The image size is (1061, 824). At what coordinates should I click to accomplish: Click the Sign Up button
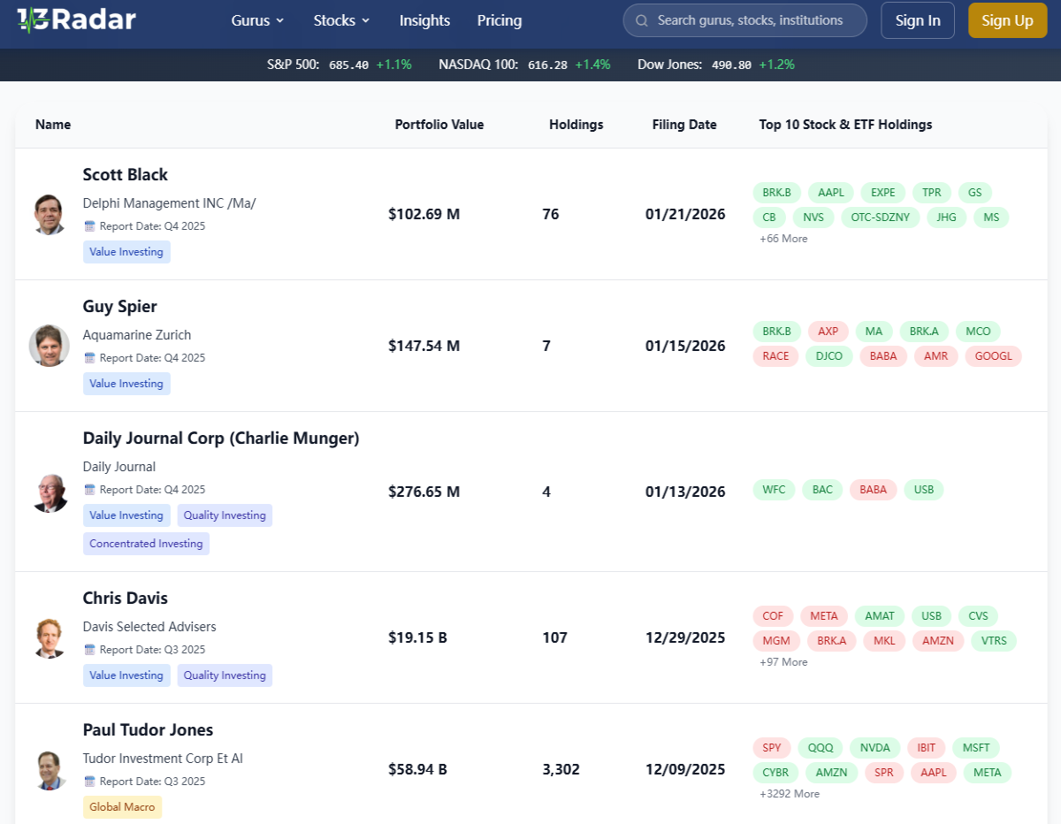(x=1007, y=20)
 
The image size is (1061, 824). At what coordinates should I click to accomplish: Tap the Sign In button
(x=918, y=20)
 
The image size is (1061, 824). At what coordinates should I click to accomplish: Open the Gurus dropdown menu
(x=257, y=20)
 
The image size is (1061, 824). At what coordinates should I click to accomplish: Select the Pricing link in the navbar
(x=499, y=20)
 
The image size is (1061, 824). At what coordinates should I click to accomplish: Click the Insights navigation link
(x=424, y=20)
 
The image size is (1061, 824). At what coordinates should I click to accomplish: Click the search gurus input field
(x=744, y=20)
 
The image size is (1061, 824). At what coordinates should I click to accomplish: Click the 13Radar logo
(x=76, y=20)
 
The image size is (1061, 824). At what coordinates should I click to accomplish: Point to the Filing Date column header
(x=684, y=125)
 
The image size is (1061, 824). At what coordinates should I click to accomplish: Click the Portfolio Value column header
(x=439, y=125)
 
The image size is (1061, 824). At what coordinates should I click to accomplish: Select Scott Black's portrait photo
(x=49, y=214)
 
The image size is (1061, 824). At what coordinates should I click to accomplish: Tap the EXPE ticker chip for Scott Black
(x=882, y=193)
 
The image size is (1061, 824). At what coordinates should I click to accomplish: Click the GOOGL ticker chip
(x=993, y=356)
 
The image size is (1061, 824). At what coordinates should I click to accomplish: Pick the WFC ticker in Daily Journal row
(x=774, y=490)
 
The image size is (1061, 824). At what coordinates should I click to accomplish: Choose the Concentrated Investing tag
(x=146, y=544)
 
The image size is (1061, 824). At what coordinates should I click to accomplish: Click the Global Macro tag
(x=122, y=807)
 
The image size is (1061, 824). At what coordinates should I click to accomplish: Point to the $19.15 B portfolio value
(x=417, y=637)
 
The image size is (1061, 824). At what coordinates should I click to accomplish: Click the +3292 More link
(x=789, y=794)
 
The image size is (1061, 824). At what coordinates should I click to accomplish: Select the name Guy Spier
(x=119, y=307)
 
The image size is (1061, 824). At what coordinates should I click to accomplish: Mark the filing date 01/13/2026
(x=685, y=492)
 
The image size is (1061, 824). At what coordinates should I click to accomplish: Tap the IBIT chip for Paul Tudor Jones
(x=926, y=748)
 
